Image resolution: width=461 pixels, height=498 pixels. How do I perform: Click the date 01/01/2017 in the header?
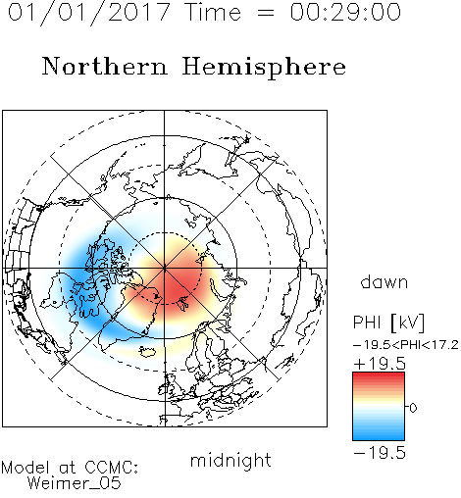pos(89,13)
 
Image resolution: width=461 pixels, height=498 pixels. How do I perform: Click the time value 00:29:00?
pos(345,12)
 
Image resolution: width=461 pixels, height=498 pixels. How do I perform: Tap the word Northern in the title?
pos(105,66)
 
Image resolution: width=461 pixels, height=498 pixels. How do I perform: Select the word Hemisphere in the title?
pos(264,67)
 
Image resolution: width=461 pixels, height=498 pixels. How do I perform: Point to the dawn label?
pos(384,281)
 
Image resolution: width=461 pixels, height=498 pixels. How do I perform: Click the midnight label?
pos(230,460)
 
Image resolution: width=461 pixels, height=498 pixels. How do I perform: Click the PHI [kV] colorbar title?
pos(388,323)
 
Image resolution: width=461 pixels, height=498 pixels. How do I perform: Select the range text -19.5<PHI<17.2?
pos(406,345)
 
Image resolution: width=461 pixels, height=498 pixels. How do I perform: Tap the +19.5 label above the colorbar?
pos(380,364)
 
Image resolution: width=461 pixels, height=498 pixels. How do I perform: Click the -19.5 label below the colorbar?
pos(380,453)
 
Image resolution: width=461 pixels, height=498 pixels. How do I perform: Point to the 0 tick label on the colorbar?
pos(413,408)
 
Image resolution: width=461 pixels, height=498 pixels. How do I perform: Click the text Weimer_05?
pos(75,482)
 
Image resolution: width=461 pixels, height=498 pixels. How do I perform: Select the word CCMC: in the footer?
pos(111,468)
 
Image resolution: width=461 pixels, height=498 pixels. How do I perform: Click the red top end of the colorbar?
pos(379,374)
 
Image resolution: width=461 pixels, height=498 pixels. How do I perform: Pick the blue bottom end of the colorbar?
pos(379,438)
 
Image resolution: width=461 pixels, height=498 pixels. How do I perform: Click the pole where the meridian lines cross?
pos(165,268)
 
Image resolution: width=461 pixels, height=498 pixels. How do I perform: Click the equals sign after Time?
pos(265,13)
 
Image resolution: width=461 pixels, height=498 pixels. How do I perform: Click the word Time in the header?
pos(213,12)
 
